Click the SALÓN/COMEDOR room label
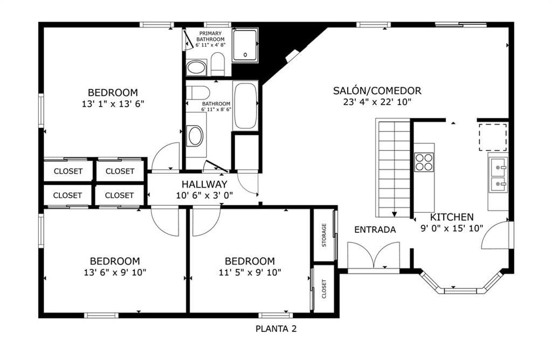click(x=377, y=91)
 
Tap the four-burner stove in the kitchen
click(x=424, y=162)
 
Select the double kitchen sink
click(x=499, y=176)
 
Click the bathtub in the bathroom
click(x=245, y=106)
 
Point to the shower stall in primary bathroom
click(x=245, y=45)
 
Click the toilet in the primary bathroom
click(x=218, y=64)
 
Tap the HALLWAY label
click(x=204, y=184)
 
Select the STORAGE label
click(x=324, y=235)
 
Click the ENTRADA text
click(x=375, y=230)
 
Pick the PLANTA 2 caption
click(x=276, y=329)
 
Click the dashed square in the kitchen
click(x=493, y=137)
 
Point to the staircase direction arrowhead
click(x=394, y=214)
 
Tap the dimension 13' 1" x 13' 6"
click(x=113, y=104)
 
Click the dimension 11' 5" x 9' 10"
click(x=250, y=272)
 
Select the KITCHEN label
click(x=452, y=217)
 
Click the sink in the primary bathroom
click(x=196, y=67)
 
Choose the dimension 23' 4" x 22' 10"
click(x=377, y=102)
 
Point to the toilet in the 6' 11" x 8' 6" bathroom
click(x=198, y=93)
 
